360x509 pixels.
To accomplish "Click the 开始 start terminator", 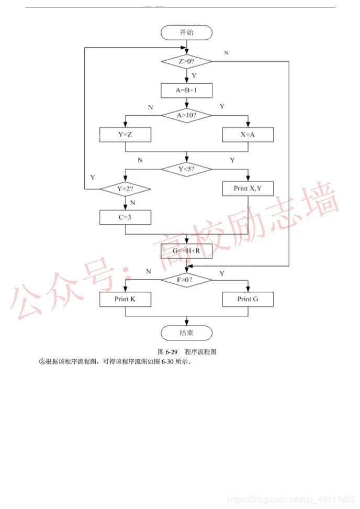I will coord(186,32).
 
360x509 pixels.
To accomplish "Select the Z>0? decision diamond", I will coord(186,61).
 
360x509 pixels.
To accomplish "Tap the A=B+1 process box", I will coord(186,90).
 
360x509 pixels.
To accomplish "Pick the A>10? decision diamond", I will coord(186,115).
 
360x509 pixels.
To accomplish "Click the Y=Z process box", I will coord(125,135).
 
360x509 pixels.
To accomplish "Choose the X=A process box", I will coord(248,135).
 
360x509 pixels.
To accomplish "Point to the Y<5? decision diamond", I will coord(186,169).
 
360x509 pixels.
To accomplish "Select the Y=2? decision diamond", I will coord(125,189).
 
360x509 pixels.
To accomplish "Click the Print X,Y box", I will coord(248,188).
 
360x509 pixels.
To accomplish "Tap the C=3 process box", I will coord(125,217).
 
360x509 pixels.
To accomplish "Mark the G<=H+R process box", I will coord(186,251).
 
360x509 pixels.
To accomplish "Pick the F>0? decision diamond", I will coord(186,280).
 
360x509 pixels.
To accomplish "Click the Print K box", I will coord(125,299).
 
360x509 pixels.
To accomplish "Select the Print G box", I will coord(248,299).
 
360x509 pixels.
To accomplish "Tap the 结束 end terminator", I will coord(186,333).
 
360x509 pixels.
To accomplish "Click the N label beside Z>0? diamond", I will coord(226,53).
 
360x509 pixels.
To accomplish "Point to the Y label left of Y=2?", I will coord(93,178).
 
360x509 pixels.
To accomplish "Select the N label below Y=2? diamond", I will coord(132,203).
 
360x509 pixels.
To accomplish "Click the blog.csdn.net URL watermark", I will coord(292,500).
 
